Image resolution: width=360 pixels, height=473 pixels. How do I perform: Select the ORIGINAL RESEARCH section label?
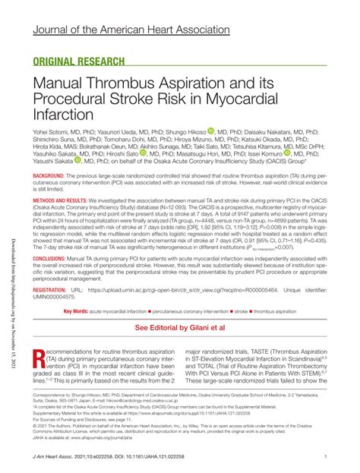80,62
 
